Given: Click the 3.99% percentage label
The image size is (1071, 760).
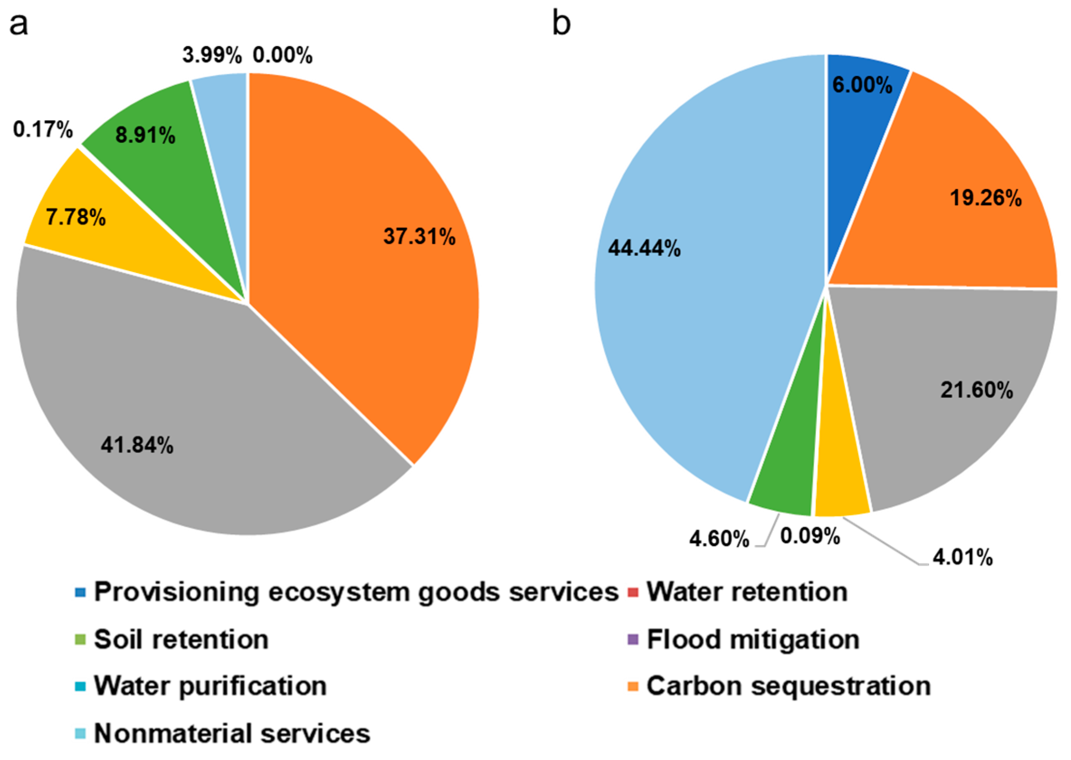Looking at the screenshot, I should [x=212, y=56].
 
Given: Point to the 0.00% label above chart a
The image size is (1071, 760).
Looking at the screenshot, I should [x=282, y=56].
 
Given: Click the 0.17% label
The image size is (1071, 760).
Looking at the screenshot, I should [x=43, y=130].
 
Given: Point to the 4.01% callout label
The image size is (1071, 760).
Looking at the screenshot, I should [x=962, y=558].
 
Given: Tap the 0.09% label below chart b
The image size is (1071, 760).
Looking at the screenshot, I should [x=810, y=536].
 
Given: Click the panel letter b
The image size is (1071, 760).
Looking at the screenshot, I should [x=561, y=24].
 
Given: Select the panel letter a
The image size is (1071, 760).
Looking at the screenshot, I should [x=19, y=24].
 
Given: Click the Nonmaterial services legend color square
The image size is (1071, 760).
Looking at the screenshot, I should [x=81, y=733].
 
